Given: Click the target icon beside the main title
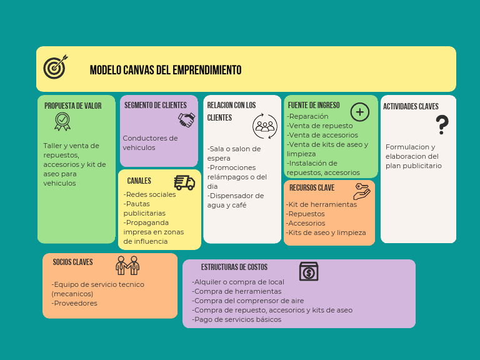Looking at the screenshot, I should click(x=55, y=67).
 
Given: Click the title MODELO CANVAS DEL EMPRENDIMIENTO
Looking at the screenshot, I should click(x=165, y=70).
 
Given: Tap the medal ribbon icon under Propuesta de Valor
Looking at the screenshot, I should click(x=62, y=121).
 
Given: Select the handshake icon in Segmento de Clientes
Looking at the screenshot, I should click(x=186, y=119).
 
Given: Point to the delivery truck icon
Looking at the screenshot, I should click(x=184, y=182).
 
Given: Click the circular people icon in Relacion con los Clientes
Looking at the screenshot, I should click(x=264, y=126).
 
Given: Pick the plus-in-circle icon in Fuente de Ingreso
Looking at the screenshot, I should click(x=360, y=112).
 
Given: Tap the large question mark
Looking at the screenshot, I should click(x=442, y=125).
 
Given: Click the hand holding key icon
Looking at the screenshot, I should click(x=362, y=191).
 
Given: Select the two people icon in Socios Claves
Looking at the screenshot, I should click(x=127, y=265).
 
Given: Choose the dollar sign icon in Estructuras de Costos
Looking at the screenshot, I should click(x=309, y=272).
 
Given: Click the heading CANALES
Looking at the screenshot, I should click(x=139, y=181).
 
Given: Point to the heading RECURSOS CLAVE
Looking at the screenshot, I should click(x=311, y=187).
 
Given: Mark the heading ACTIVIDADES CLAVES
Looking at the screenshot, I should click(x=411, y=106).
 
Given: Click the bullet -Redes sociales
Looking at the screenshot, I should click(x=150, y=194).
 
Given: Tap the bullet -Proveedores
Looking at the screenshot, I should click(x=74, y=303).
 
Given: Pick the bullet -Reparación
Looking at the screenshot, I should click(x=308, y=116).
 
